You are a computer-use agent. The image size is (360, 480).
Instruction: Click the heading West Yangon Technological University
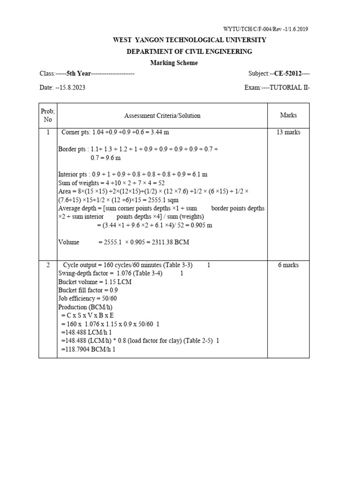pyautogui.click(x=189, y=40)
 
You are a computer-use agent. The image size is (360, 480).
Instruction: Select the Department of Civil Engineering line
pyautogui.click(x=189, y=52)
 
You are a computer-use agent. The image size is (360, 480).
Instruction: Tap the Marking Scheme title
pyautogui.click(x=174, y=63)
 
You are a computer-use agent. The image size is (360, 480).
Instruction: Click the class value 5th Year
pyautogui.click(x=77, y=74)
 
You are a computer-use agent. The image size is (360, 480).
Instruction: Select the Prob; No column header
pyautogui.click(x=48, y=115)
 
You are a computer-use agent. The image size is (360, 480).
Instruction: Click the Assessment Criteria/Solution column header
pyautogui.click(x=162, y=115)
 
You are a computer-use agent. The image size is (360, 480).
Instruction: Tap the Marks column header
pyautogui.click(x=288, y=115)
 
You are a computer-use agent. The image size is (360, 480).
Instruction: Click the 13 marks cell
pyautogui.click(x=288, y=132)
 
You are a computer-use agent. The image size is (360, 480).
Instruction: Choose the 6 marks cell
pyautogui.click(x=288, y=265)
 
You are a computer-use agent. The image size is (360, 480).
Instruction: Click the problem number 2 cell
pyautogui.click(x=48, y=265)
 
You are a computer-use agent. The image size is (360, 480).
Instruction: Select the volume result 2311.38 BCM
pyautogui.click(x=163, y=242)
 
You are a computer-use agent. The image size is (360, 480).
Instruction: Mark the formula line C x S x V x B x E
pyautogui.click(x=88, y=315)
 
